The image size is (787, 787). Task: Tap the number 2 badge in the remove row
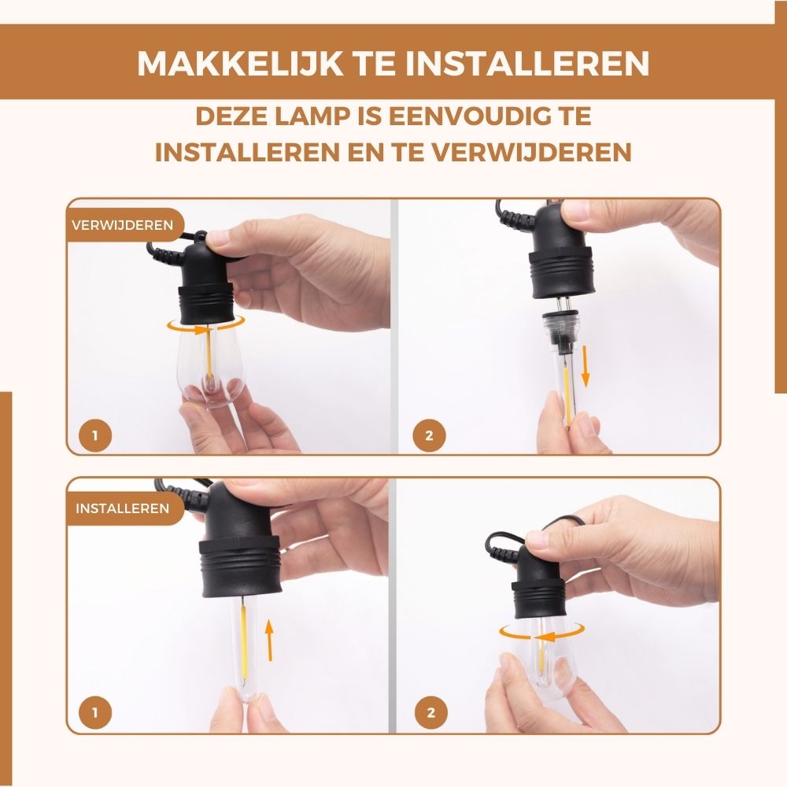(430, 435)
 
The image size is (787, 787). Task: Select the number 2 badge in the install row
(430, 714)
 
